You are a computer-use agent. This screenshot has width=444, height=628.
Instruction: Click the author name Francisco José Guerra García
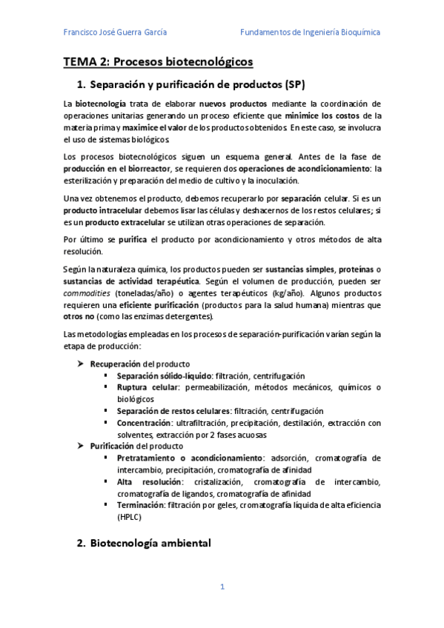(115, 33)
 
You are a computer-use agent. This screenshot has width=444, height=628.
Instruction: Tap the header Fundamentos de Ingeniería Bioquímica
(311, 33)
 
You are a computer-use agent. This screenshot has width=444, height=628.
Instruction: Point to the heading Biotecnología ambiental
(150, 543)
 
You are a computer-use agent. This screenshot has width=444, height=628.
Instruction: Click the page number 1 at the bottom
(222, 587)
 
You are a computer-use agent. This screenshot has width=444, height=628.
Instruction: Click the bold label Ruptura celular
(146, 387)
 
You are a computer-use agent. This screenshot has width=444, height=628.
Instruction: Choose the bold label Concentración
(145, 423)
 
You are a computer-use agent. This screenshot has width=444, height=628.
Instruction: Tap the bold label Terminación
(142, 505)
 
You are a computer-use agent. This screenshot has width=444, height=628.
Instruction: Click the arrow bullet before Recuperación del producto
(82, 364)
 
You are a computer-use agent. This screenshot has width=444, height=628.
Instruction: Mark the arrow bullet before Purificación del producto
(82, 446)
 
